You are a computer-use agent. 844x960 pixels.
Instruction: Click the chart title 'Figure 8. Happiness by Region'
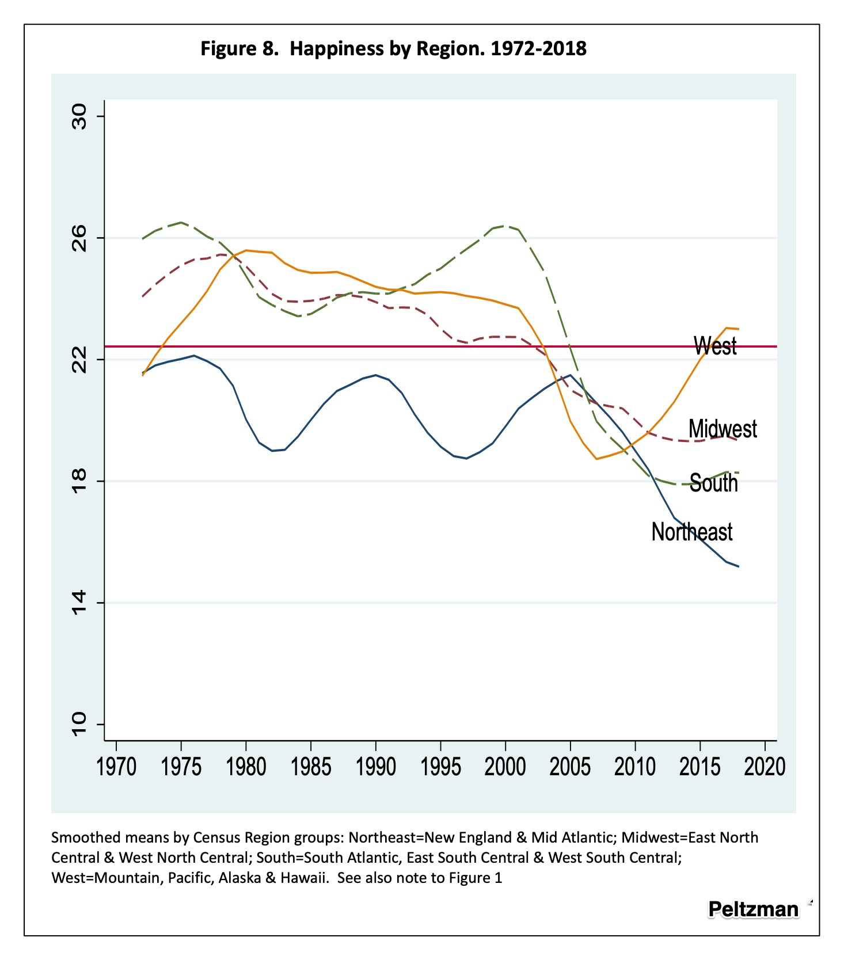pos(393,48)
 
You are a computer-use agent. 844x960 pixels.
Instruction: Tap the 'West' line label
pos(715,346)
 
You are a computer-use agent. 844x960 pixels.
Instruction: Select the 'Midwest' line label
pos(723,429)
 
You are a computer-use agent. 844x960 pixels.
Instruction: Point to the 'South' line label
pos(713,483)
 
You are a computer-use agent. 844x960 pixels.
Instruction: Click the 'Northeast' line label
pos(691,532)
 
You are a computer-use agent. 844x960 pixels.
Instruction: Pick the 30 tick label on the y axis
pos(79,117)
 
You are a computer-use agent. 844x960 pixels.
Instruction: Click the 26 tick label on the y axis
pos(79,238)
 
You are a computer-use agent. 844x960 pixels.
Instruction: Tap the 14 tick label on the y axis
pos(79,603)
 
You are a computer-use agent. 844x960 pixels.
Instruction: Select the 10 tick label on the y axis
pos(79,724)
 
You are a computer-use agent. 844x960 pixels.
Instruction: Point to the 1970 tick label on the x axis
pos(116,767)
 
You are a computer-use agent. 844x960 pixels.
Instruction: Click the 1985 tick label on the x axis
pos(311,767)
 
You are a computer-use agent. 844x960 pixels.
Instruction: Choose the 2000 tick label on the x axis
pos(505,767)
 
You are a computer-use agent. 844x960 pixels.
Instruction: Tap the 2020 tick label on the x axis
pos(765,767)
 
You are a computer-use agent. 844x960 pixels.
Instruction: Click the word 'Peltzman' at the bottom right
pos(753,909)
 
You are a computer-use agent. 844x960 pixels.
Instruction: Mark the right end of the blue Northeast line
pos(739,567)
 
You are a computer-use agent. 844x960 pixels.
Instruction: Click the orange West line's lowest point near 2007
pos(596,459)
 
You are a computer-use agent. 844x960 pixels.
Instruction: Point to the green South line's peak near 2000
pos(506,226)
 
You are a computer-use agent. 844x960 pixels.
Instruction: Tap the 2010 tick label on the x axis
pos(635,767)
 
